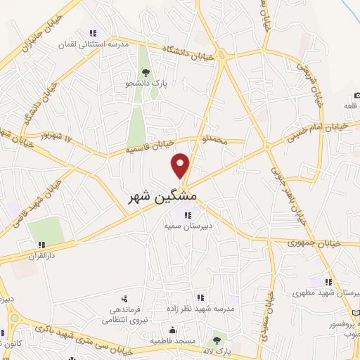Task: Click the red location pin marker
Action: point(181,165)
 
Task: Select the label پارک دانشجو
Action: point(145,84)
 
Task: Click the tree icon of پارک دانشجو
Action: point(146,72)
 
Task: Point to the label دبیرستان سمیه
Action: point(188,226)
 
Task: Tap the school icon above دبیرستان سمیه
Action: point(187,215)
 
